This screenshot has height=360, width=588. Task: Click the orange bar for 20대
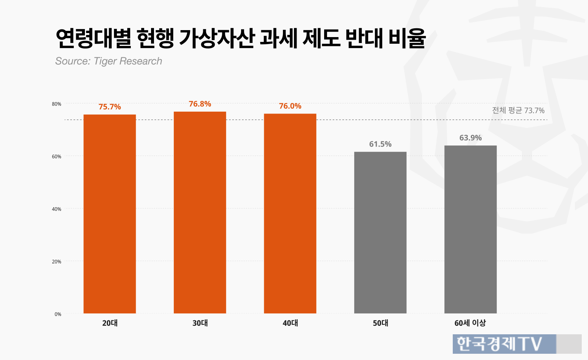click(110, 214)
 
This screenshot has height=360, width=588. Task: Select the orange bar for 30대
click(200, 213)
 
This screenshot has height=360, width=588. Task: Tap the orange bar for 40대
click(290, 213)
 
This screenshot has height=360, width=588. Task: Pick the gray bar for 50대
click(380, 233)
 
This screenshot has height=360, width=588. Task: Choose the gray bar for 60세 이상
click(470, 229)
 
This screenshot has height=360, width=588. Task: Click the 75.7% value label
click(110, 107)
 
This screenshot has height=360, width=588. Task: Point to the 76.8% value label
click(200, 104)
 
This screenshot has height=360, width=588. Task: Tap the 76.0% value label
click(290, 106)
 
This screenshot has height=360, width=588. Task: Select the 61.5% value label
click(380, 144)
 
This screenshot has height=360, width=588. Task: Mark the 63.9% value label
click(470, 138)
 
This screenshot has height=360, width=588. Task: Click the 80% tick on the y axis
click(57, 104)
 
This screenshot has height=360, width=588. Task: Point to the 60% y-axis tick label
click(57, 156)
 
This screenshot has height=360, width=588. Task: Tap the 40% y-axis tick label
click(57, 209)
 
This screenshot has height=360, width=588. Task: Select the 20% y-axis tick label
click(57, 261)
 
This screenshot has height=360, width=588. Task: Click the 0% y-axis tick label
click(58, 314)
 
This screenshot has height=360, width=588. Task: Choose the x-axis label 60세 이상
click(470, 323)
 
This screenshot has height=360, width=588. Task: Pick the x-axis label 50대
click(380, 323)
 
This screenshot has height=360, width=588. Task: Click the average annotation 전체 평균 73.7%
click(518, 111)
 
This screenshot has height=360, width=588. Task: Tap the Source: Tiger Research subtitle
click(108, 61)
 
